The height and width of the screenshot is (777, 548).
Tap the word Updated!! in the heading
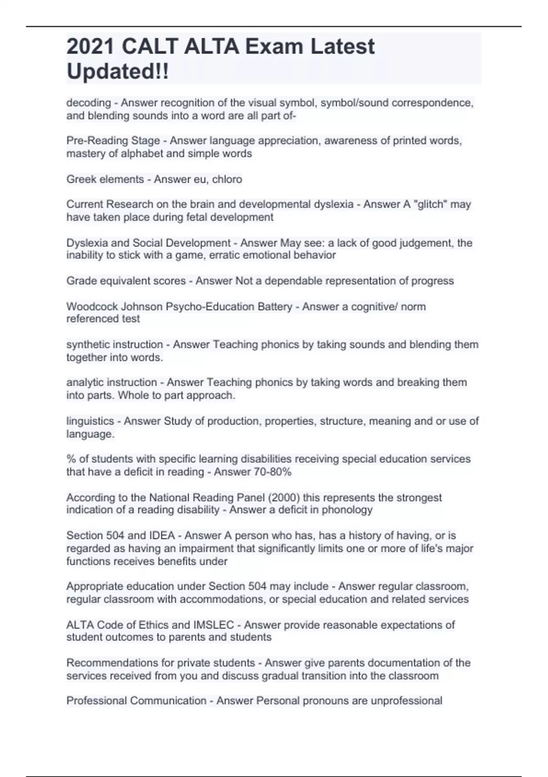(x=118, y=72)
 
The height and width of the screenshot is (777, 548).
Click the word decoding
(x=89, y=103)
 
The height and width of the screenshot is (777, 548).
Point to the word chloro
(x=227, y=179)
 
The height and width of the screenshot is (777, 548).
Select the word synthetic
(x=92, y=344)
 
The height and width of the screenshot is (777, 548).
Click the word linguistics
(x=90, y=421)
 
